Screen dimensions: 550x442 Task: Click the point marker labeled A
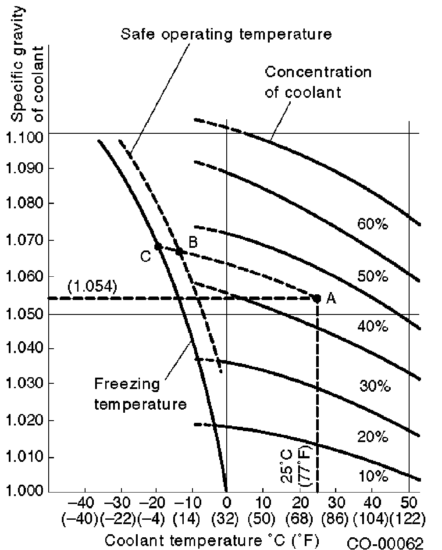click(317, 298)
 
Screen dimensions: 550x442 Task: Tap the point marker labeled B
click(179, 251)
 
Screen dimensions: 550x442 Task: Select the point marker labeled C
click(158, 246)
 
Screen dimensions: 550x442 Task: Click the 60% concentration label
click(373, 225)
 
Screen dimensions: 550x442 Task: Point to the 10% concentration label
click(373, 476)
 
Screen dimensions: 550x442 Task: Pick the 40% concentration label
click(373, 327)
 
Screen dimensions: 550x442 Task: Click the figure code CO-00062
click(385, 543)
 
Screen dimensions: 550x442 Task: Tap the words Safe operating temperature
click(226, 34)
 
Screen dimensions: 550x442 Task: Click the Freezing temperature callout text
click(140, 394)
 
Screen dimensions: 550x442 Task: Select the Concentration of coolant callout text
click(318, 82)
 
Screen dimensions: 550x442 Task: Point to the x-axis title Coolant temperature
click(211, 539)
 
